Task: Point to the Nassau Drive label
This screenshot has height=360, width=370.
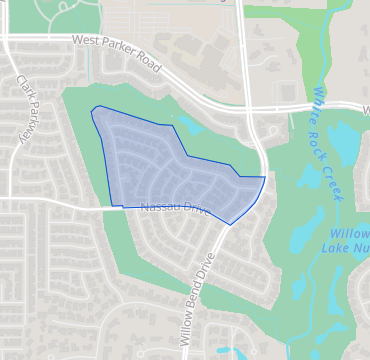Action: coord(173,208)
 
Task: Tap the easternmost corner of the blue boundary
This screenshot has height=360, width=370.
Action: coord(265,177)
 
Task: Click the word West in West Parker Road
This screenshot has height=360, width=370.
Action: coord(87,42)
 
